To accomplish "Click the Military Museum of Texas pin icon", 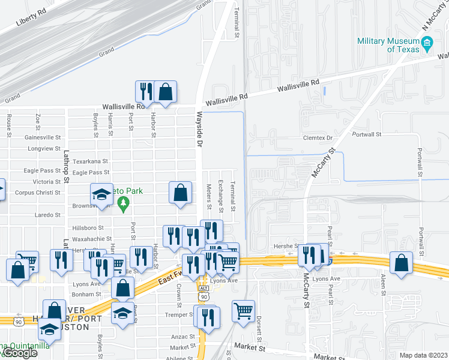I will point(427,43).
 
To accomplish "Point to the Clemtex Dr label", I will point(319,137).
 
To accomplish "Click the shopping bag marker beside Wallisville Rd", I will point(165,92).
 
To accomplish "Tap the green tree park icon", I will point(124,204).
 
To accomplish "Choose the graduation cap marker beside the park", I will point(101,195).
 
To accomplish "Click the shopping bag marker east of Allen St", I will point(401,264).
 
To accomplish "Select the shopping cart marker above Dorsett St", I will point(243,311).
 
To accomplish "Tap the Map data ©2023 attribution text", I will point(423,355).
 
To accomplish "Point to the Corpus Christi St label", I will point(37,193).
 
